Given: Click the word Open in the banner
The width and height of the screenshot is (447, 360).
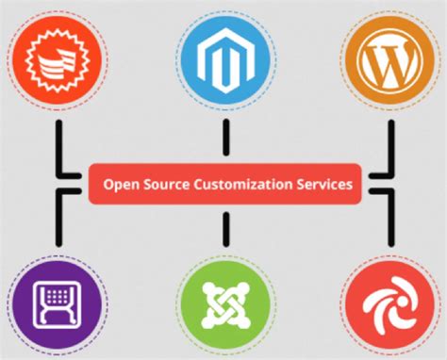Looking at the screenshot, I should click(119, 185).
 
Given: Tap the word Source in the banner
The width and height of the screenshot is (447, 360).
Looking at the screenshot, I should click(163, 185).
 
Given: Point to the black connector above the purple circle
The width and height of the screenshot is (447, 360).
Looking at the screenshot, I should click(58, 221).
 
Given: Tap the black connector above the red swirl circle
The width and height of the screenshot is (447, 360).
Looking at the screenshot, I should click(388, 221).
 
